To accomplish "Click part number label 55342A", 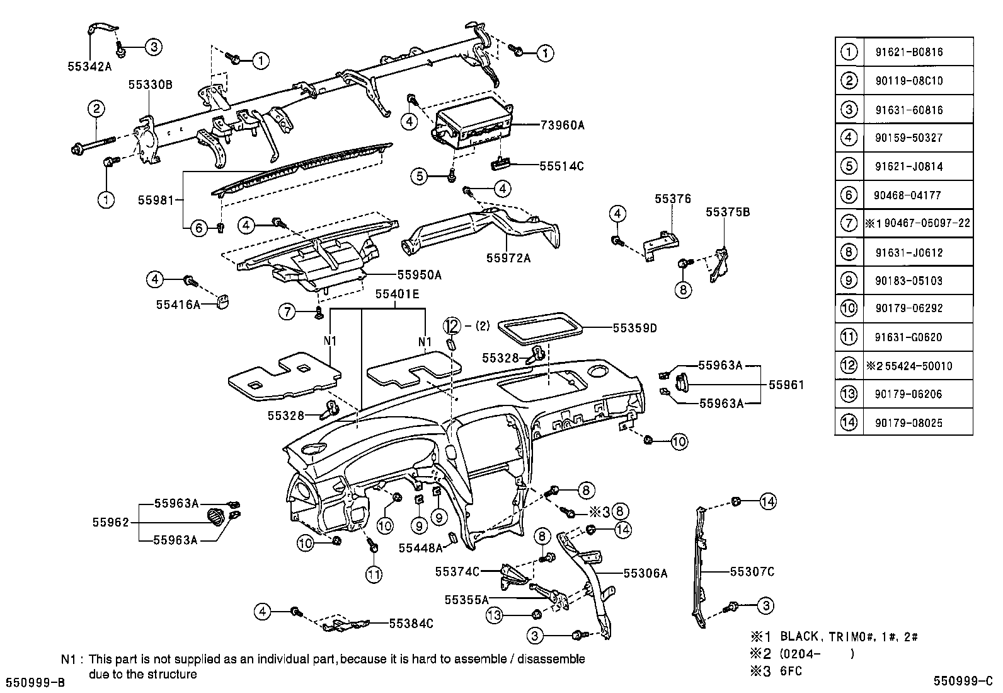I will coord(89,65).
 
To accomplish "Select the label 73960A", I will coord(562,125).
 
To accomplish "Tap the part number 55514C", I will coord(561,166).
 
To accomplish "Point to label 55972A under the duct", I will coord(508,257).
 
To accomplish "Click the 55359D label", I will coord(634,328).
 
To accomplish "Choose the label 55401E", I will coord(397,294).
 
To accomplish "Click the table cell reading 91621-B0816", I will coord(908,52).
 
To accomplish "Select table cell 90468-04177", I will coord(908,195).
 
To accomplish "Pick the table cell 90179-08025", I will coord(908,422).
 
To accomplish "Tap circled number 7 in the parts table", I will coord(849,223).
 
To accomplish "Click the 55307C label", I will coord(752,572).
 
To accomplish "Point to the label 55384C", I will coord(411,623).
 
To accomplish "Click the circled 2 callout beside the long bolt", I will coord(96,108).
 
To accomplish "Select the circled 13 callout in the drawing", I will coord(495,615).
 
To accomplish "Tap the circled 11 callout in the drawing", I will coord(375,574).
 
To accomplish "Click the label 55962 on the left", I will coord(111,522).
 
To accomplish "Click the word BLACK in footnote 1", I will coord(798,636).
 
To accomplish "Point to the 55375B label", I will coord(728,213).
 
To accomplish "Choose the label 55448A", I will coord(420,549).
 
